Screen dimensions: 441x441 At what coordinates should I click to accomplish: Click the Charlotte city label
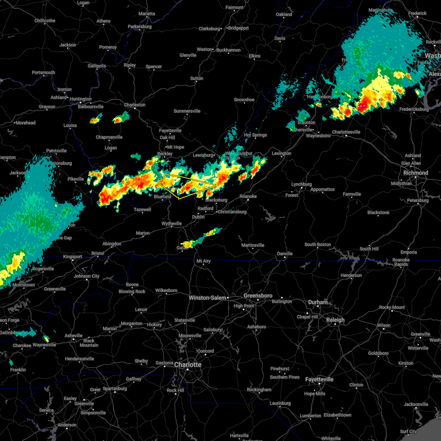pos(188,365)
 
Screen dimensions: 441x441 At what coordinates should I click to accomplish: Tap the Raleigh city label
pos(336,320)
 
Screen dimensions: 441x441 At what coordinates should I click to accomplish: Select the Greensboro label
pos(258,295)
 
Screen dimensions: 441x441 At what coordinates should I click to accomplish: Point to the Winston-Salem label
pos(207,298)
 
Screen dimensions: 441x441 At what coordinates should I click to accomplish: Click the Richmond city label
pos(416,173)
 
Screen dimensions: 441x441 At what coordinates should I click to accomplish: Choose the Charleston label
pos(135,105)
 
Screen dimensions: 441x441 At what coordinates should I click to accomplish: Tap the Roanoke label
pos(248,196)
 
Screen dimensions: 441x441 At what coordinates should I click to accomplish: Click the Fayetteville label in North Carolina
pos(319,379)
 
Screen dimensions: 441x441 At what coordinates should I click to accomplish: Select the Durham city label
pos(318,302)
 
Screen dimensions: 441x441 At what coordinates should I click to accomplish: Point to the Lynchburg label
pos(301,184)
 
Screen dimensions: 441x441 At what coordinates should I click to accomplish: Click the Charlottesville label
pos(346,132)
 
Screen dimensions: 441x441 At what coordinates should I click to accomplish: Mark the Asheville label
pos(73,336)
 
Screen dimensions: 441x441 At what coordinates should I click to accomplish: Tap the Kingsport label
pos(72,257)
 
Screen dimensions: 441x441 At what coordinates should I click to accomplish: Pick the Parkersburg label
pos(140,26)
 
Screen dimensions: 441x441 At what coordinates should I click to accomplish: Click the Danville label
pos(285,254)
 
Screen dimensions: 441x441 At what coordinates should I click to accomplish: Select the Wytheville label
pos(172,223)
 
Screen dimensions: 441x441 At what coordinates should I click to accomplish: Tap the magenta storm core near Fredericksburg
pos(362,106)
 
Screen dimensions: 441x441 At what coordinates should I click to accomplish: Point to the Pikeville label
pos(76,179)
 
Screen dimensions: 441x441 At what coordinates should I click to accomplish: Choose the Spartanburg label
pos(115,388)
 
